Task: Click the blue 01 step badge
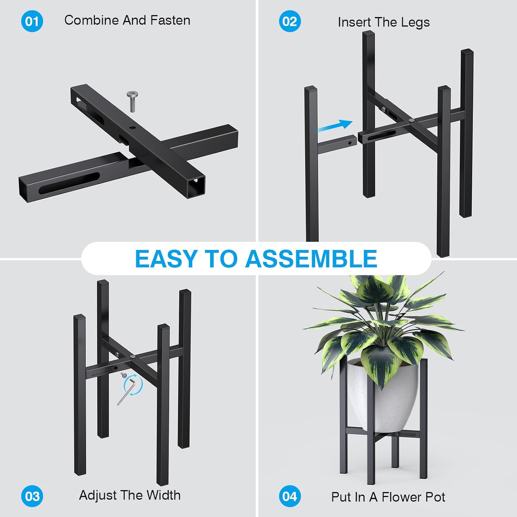click(x=32, y=21)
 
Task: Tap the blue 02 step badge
click(x=290, y=21)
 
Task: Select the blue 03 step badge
click(x=32, y=496)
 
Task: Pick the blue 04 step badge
click(x=290, y=496)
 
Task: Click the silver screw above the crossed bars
click(x=133, y=101)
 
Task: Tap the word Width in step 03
click(x=163, y=495)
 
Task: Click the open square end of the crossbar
click(x=196, y=186)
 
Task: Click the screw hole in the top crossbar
click(x=132, y=128)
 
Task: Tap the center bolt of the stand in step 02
click(x=411, y=121)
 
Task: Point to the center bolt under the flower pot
click(x=396, y=434)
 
